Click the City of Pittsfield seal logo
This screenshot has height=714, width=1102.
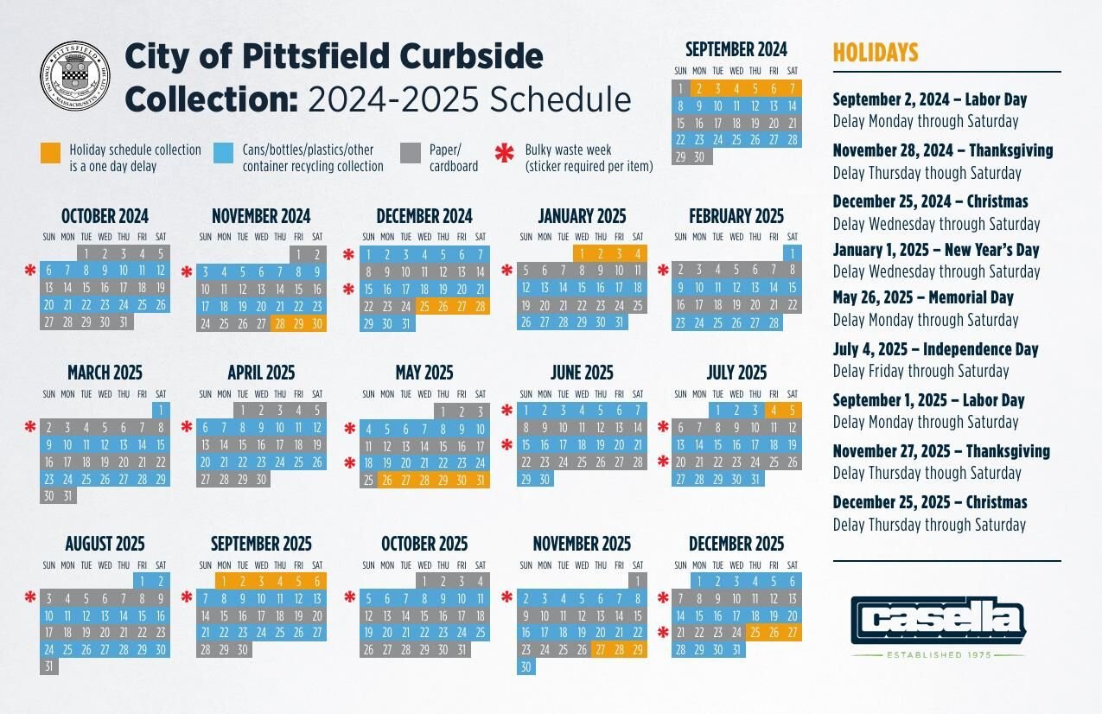pos(75,76)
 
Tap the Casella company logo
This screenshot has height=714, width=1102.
pos(938,620)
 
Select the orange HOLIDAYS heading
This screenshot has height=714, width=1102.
pos(875,53)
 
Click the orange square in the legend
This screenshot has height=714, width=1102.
pos(51,153)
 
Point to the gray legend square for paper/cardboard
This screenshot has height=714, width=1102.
pos(411,153)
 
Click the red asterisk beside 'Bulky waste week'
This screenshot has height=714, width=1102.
pos(504,154)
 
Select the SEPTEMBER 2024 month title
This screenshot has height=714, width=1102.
pos(736,49)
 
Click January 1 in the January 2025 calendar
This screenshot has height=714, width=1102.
pos(582,253)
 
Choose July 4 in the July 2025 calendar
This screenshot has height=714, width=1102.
pos(774,411)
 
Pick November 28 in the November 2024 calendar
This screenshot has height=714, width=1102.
pos(279,324)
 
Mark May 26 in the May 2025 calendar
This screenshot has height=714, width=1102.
pos(387,481)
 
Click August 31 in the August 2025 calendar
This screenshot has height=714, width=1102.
pos(48,667)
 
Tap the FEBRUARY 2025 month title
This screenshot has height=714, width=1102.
pos(736,216)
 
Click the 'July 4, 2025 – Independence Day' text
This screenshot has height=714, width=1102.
pos(935,349)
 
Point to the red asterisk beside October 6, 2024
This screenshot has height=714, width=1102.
pos(30,271)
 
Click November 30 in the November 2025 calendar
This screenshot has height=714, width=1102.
pos(526,667)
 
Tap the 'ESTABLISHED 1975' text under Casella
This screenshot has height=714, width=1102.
pos(938,654)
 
